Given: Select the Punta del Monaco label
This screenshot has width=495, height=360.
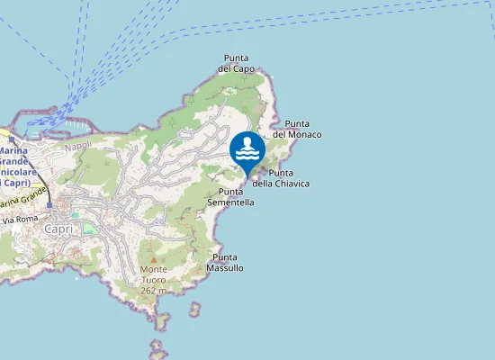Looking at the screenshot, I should pos(297,129).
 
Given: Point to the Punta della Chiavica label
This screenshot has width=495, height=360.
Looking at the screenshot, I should pos(281,178).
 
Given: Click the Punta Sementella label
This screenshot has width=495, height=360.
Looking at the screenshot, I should pos(231,197).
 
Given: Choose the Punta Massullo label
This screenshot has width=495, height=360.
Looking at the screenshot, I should pos(225,263).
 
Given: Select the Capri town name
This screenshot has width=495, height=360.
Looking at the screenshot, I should pos(58,229).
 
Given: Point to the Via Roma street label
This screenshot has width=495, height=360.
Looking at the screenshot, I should pos(21,219).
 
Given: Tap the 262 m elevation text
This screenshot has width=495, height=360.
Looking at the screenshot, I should pos(154,291).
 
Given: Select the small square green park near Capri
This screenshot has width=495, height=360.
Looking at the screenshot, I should pos(89,227).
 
